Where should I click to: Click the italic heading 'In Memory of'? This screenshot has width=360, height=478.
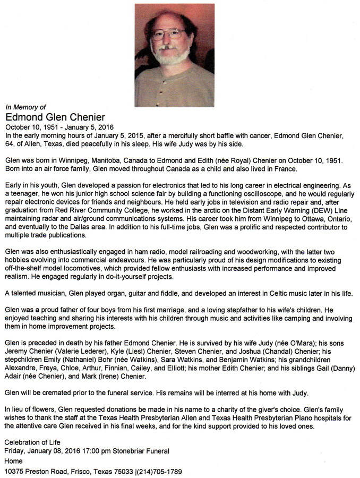25,106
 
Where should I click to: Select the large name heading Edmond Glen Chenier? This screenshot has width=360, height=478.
55,117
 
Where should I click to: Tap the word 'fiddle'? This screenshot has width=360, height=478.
182,293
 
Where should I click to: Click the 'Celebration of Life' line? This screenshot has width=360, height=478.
32,442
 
